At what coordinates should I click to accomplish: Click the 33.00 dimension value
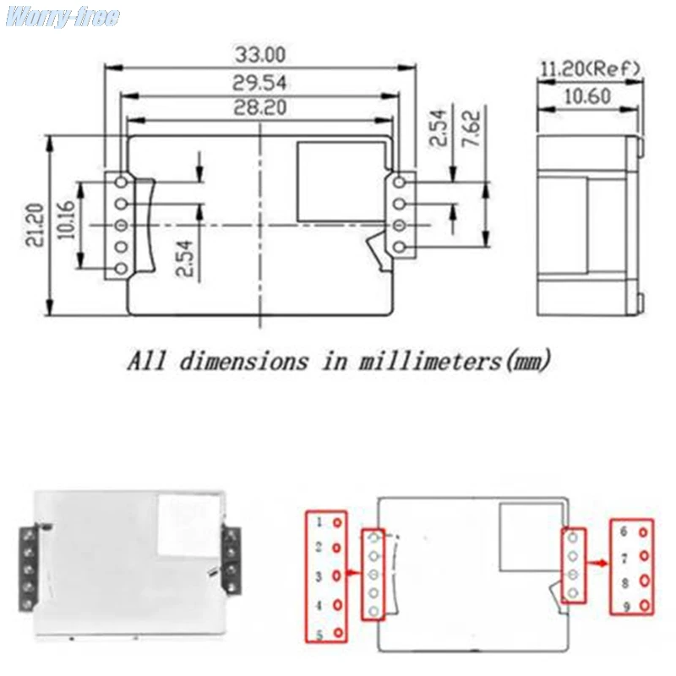coord(260,55)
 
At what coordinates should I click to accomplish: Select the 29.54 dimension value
coord(259,82)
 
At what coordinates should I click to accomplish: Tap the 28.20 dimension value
coord(259,107)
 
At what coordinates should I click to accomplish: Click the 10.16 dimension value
coord(67,220)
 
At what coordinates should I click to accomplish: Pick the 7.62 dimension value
coord(472,128)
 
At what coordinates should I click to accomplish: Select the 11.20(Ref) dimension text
coord(590,68)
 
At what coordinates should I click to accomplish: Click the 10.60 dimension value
coord(587,96)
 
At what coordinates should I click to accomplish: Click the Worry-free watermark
coord(63,17)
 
